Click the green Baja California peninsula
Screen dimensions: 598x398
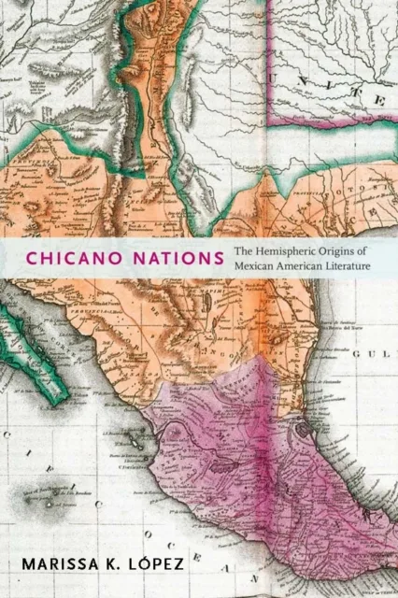pyautogui.click(x=23, y=332)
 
